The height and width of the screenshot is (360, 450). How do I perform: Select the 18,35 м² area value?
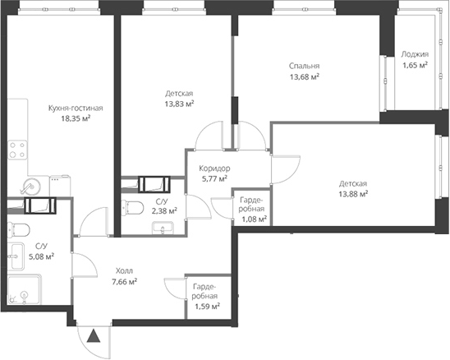[x=76, y=118]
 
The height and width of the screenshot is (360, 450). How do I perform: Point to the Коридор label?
[x=214, y=168]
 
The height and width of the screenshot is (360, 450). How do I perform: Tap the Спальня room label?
[x=303, y=67]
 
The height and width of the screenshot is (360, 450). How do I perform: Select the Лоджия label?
[x=414, y=55]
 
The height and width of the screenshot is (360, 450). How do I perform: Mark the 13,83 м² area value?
[x=178, y=104]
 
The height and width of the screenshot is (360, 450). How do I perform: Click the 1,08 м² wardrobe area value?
[x=252, y=219]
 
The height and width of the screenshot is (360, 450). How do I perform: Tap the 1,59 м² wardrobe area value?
[x=205, y=307]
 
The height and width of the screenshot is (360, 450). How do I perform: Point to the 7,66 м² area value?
[x=124, y=281]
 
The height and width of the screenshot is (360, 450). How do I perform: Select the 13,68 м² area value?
[x=303, y=77]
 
